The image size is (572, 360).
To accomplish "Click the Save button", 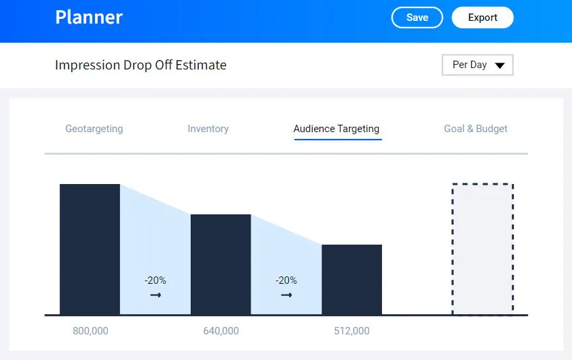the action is pyautogui.click(x=417, y=18).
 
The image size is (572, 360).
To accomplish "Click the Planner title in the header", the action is pyautogui.click(x=89, y=17).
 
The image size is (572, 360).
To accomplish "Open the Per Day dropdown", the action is pyautogui.click(x=478, y=65).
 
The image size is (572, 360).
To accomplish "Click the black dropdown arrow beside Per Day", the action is pyautogui.click(x=500, y=65).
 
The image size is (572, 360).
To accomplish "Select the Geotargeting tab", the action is pyautogui.click(x=94, y=129).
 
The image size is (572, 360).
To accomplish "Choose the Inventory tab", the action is pyautogui.click(x=208, y=129).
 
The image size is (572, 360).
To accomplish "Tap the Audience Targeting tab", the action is pyautogui.click(x=336, y=129).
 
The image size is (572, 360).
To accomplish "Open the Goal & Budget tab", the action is pyautogui.click(x=476, y=129).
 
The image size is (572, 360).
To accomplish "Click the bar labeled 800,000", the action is pyautogui.click(x=90, y=249).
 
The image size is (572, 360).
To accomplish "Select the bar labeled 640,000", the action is pyautogui.click(x=221, y=264).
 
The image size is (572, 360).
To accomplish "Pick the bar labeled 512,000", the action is pyautogui.click(x=352, y=280).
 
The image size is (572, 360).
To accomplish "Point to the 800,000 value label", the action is pyautogui.click(x=90, y=331).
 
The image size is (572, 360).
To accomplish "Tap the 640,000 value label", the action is pyautogui.click(x=221, y=331).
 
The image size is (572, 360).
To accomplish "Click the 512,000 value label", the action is pyautogui.click(x=352, y=331).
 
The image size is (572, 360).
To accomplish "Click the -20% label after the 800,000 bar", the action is pyautogui.click(x=156, y=280).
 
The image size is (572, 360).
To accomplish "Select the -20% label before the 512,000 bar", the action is pyautogui.click(x=286, y=280).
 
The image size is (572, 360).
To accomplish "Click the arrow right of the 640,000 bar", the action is pyautogui.click(x=286, y=295).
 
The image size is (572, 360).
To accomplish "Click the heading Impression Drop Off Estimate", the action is pyautogui.click(x=141, y=65).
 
